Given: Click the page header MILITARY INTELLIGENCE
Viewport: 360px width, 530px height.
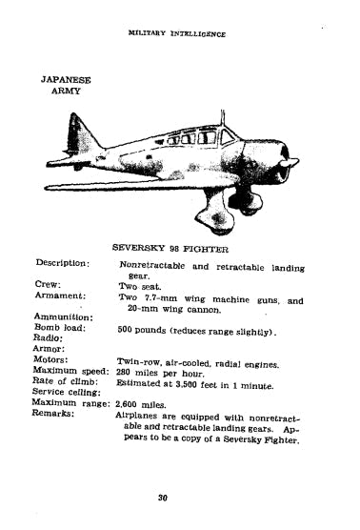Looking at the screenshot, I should click(x=177, y=33).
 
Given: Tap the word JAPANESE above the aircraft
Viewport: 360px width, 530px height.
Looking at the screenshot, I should click(x=65, y=81).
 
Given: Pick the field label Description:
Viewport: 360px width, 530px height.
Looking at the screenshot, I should click(x=63, y=263).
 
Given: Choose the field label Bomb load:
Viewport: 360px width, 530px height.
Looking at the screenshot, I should click(x=59, y=328).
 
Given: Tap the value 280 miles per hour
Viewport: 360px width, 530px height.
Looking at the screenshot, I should click(x=164, y=372).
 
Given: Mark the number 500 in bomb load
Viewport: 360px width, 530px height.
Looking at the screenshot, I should click(x=130, y=330).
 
